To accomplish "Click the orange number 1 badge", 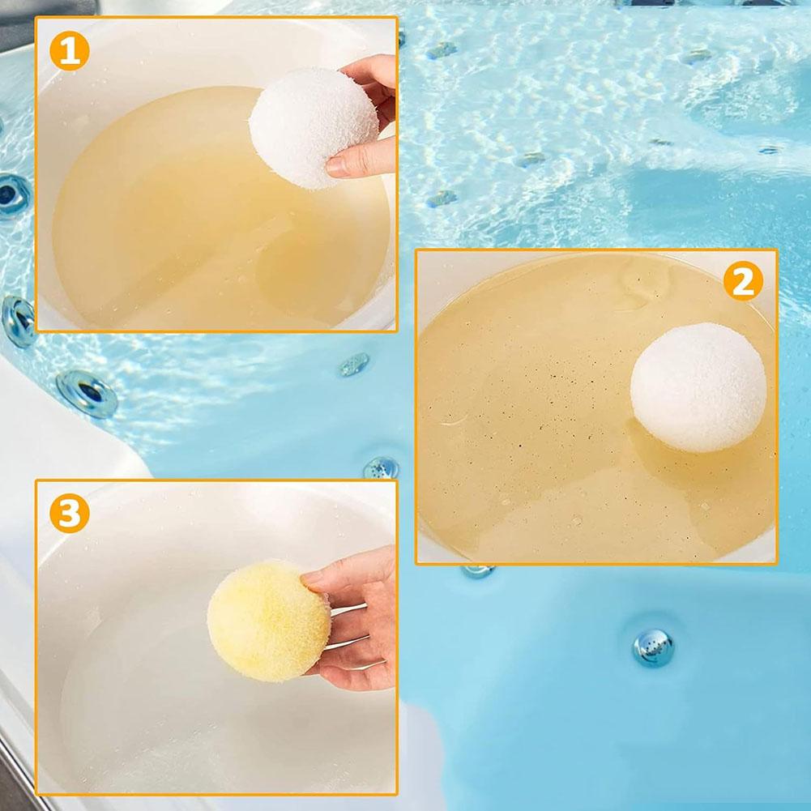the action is point(70,51).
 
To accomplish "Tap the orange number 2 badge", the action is point(743,281).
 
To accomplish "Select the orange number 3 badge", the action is point(70,513).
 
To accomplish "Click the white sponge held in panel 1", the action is point(314,128).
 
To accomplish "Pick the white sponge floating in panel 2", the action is point(698,387).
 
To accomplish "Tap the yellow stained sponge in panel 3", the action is point(269,621).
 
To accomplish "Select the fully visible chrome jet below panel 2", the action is point(653,647).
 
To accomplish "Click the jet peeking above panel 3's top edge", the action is point(381,468).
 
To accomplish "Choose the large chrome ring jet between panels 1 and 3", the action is point(87,394).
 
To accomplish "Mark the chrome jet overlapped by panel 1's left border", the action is point(19,321).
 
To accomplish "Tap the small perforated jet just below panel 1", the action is point(354,364).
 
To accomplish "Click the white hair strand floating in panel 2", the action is point(455,420).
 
